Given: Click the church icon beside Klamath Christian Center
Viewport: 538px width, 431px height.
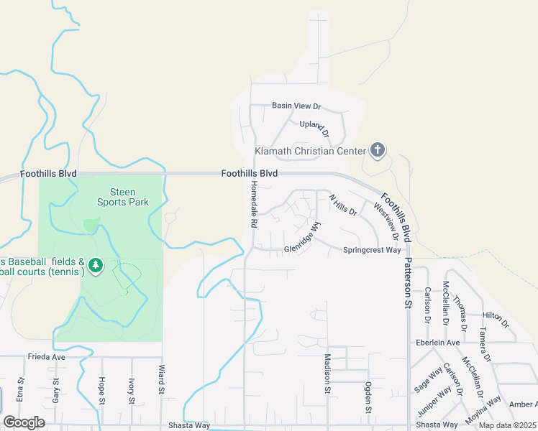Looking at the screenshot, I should [x=378, y=150].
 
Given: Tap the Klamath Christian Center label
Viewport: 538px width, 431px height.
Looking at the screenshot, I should [x=311, y=152].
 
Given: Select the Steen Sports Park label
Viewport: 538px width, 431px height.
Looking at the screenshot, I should [x=123, y=197].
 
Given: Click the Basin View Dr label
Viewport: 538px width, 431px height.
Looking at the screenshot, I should [x=296, y=106].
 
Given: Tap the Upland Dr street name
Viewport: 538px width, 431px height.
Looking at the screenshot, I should [x=314, y=129].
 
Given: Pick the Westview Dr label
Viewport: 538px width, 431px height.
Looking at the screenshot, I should [x=386, y=221].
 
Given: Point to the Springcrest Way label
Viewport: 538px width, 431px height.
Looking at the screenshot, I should [x=371, y=250].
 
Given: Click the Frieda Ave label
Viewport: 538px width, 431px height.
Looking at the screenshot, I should [x=47, y=356].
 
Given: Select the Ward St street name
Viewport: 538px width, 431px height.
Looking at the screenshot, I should [x=162, y=380].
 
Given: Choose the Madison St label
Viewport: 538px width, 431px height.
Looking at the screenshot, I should [x=327, y=374].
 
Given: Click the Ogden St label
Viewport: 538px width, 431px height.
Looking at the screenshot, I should [x=368, y=398].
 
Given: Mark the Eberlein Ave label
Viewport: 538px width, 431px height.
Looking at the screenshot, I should [x=437, y=343].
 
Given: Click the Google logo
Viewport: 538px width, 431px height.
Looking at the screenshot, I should [x=24, y=422].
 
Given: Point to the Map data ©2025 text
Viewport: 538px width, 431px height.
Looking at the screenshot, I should [x=506, y=425].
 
